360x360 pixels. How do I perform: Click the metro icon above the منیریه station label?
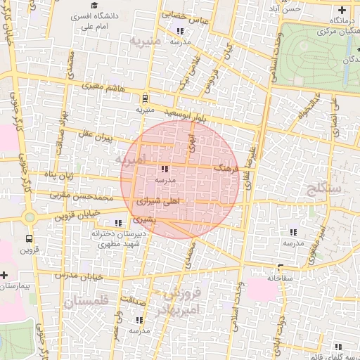(145, 98)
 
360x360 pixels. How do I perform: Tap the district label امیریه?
(129, 161)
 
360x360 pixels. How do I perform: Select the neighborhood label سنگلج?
(323, 188)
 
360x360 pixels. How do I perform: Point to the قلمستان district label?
(86, 302)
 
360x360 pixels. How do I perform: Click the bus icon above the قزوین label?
(29, 238)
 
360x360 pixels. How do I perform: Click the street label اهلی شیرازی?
(155, 201)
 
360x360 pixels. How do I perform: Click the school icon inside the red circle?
(164, 169)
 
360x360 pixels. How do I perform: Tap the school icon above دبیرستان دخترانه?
(117, 224)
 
